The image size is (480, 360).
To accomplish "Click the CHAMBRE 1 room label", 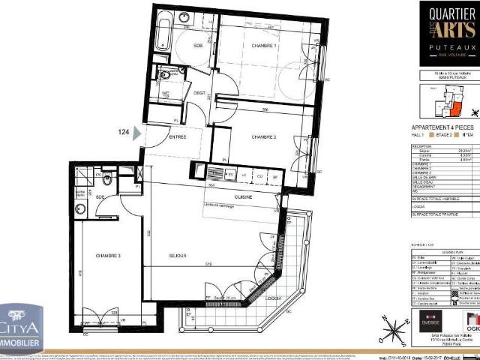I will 265,46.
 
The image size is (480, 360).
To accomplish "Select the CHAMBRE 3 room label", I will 109,256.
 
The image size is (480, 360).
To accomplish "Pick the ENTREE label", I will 177,137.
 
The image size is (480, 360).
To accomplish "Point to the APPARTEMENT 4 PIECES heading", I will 442,127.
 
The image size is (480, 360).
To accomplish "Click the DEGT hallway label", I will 199,94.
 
